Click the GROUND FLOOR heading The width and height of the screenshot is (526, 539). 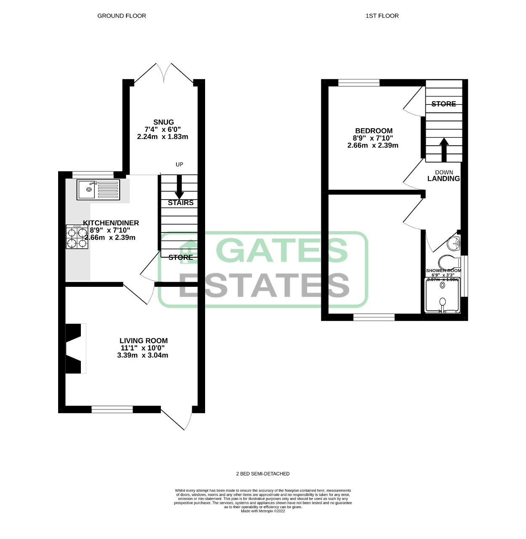122,16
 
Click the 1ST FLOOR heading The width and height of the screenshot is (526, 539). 382,16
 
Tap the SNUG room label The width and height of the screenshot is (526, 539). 163,122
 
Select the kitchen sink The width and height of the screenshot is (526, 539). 99,190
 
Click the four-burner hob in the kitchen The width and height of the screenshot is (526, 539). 77,237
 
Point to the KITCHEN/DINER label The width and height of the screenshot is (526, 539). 111,223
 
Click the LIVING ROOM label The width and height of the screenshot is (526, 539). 144,341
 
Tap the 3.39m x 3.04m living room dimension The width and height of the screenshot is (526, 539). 143,355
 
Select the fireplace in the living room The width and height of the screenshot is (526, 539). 74,348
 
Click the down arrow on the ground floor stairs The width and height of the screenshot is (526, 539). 179,187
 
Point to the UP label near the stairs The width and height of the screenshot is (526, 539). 179,164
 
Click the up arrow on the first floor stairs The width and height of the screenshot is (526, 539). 444,149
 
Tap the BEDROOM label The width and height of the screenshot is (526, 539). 374,131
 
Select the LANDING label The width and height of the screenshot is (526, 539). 443,179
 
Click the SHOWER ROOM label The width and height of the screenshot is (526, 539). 443,271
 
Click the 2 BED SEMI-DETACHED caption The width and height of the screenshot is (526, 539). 263,474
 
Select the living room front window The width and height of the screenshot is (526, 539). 112,408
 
